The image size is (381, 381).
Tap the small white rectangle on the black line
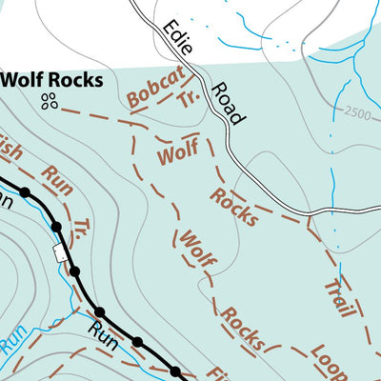pos(63,253)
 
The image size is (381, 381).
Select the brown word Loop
pos(330,361)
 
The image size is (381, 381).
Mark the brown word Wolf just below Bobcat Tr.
pos(178,150)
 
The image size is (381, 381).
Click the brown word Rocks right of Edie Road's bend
pos(234,205)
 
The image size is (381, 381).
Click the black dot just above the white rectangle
pos(56,228)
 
